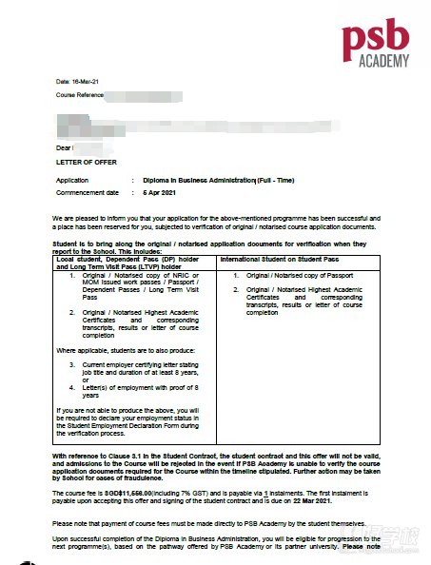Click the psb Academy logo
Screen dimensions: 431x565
tap(377, 45)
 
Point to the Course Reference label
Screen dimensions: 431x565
tap(79, 96)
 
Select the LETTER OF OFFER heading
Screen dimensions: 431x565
tap(86, 163)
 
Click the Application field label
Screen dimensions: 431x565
tap(72, 179)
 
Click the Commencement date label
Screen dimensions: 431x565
tap(87, 192)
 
